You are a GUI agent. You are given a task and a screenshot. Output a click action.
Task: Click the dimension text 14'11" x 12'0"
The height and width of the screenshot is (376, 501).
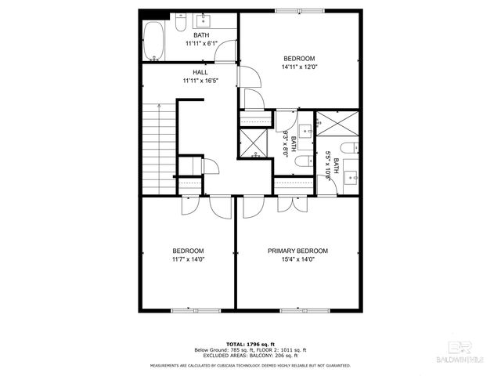[x=298, y=67]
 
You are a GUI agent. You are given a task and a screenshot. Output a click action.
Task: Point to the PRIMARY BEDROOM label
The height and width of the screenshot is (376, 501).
[x=297, y=251]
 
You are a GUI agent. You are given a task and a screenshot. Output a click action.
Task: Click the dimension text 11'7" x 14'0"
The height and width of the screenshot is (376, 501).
[x=188, y=260]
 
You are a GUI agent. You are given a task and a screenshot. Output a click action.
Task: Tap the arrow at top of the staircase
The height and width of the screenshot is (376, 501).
[x=159, y=104]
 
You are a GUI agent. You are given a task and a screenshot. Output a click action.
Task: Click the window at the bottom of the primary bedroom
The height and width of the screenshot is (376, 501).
[x=302, y=310]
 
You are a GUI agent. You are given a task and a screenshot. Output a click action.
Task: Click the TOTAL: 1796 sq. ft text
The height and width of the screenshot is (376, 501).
[x=250, y=344]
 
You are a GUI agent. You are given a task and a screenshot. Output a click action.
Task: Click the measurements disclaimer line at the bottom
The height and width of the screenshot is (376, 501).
[x=250, y=366]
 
